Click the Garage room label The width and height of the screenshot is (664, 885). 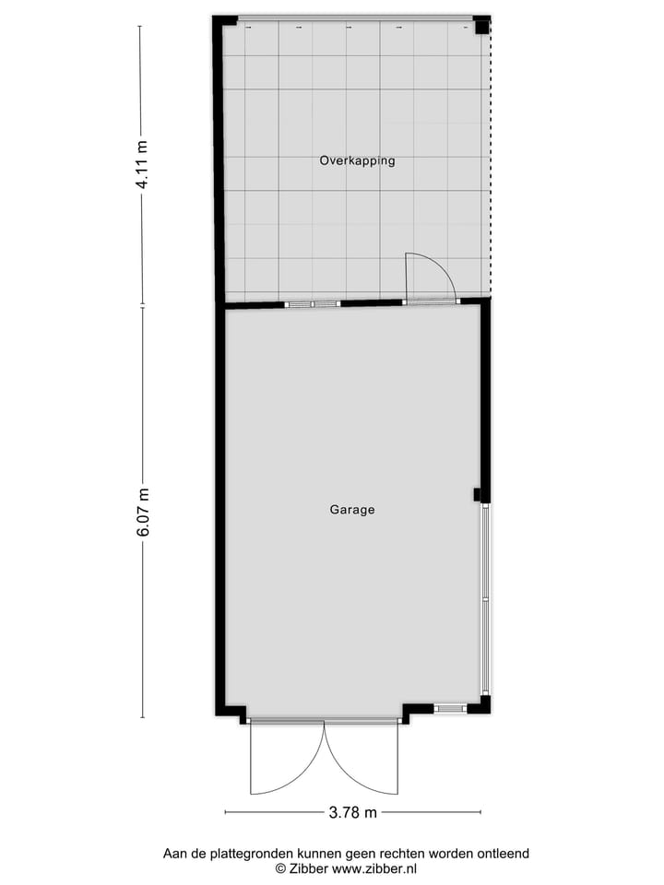pyautogui.click(x=352, y=509)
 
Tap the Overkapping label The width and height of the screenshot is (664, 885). pyautogui.click(x=357, y=160)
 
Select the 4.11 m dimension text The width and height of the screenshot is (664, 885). pyautogui.click(x=142, y=165)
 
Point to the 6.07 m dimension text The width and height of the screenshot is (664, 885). pyautogui.click(x=142, y=512)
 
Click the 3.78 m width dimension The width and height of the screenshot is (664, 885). pyautogui.click(x=353, y=812)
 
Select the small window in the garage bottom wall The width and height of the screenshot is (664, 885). pyautogui.click(x=450, y=708)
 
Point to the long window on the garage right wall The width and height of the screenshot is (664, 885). pyautogui.click(x=484, y=599)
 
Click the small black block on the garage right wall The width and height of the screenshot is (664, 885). pyautogui.click(x=477, y=495)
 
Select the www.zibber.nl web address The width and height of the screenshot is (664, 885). pyautogui.click(x=374, y=868)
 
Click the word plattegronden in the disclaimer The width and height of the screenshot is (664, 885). pyautogui.click(x=252, y=854)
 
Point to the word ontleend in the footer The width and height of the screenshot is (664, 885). pyautogui.click(x=501, y=854)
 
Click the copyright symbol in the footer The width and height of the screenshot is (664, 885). pyautogui.click(x=280, y=868)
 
